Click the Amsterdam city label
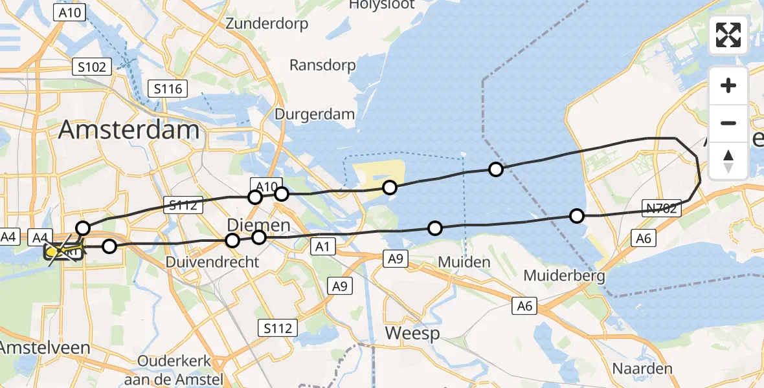129,130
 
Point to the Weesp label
412,334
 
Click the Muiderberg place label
564,276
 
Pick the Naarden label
643,369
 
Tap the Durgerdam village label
315,114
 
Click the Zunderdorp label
267,24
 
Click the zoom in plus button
728,85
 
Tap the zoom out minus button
728,123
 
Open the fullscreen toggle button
728,34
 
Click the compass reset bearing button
728,160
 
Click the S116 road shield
167,89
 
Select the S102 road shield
93,66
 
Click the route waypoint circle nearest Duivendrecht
232,241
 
